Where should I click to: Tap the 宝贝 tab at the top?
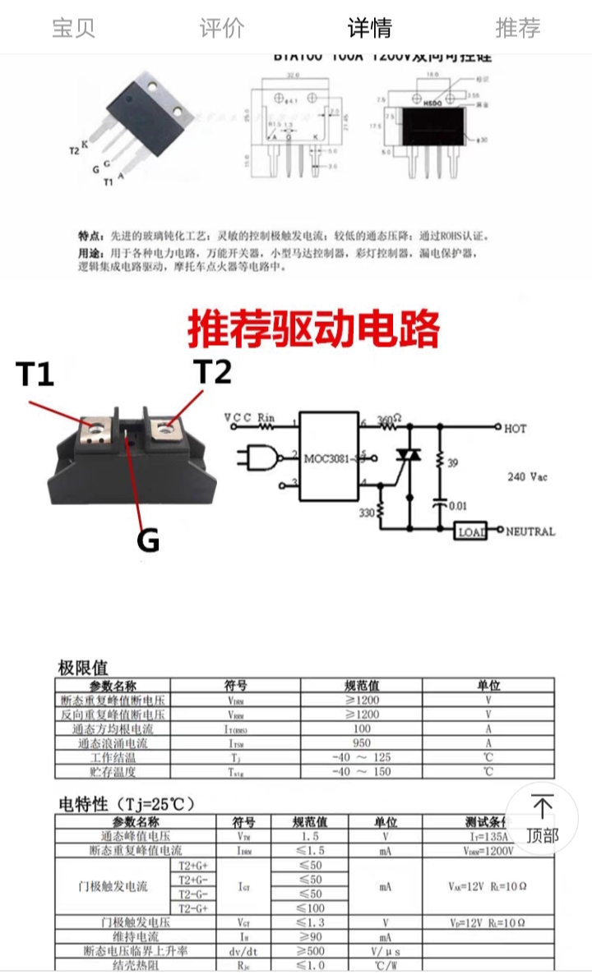pyautogui.click(x=74, y=28)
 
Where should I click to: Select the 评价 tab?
pyautogui.click(x=222, y=28)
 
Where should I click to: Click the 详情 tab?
pyautogui.click(x=370, y=28)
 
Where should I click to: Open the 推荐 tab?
pyautogui.click(x=518, y=28)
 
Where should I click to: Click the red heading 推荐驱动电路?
pyautogui.click(x=314, y=329)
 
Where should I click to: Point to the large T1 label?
pyautogui.click(x=35, y=375)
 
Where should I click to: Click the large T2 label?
pyautogui.click(x=212, y=372)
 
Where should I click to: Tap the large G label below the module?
pyautogui.click(x=147, y=540)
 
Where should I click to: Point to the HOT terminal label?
pyautogui.click(x=516, y=429)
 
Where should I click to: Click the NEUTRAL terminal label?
pyautogui.click(x=530, y=531)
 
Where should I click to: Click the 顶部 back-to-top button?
pyautogui.click(x=542, y=818)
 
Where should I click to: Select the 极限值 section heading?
pyautogui.click(x=83, y=667)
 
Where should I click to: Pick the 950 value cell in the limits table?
pyautogui.click(x=362, y=743)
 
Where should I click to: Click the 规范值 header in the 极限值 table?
pyautogui.click(x=362, y=685)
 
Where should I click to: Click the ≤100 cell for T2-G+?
pyautogui.click(x=310, y=908)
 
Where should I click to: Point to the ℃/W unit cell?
pyautogui.click(x=385, y=965)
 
